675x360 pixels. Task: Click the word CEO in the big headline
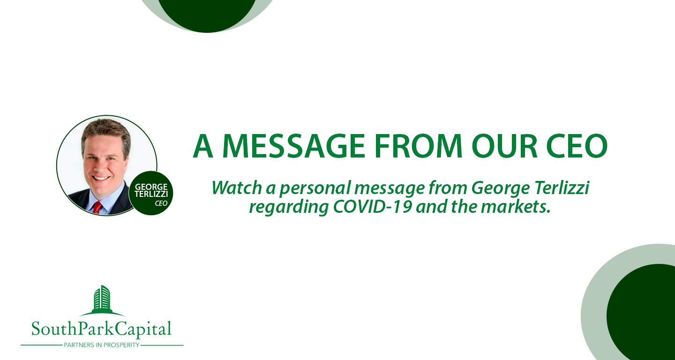(577, 146)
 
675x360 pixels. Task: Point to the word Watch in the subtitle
(237, 187)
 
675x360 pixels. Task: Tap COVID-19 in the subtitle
(372, 207)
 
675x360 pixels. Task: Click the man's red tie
(97, 208)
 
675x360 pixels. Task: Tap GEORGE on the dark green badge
(151, 187)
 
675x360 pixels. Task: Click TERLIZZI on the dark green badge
(151, 194)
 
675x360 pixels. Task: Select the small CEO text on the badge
(161, 203)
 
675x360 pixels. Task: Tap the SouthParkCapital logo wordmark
(101, 329)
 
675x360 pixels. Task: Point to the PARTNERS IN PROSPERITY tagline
(102, 345)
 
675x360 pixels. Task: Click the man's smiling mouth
(101, 178)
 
